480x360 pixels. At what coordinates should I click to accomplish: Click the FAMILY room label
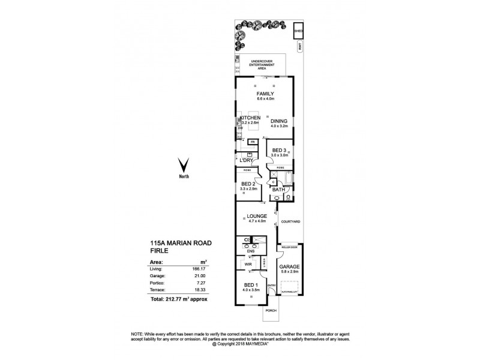(x=265, y=94)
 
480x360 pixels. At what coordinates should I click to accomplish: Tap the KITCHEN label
(x=250, y=118)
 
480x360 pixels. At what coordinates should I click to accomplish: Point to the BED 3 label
(x=280, y=150)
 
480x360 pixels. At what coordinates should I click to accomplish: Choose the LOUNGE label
(x=256, y=216)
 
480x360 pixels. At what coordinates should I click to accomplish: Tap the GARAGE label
(x=289, y=266)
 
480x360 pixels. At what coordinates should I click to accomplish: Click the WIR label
(x=247, y=264)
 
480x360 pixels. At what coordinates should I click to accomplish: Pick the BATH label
(x=278, y=190)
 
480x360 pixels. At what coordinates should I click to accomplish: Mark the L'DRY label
(x=246, y=160)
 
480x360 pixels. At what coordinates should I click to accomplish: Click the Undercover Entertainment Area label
(x=262, y=65)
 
